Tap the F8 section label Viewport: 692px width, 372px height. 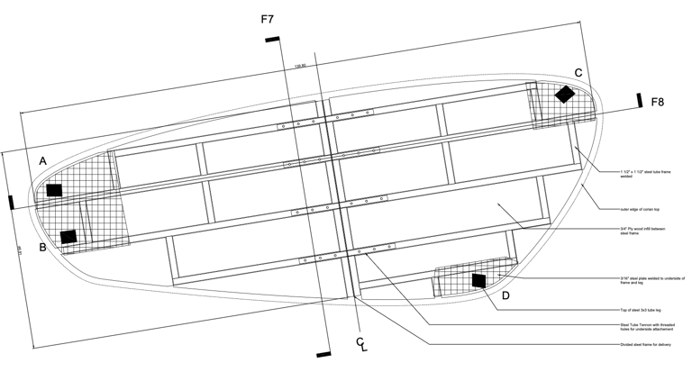click(x=659, y=103)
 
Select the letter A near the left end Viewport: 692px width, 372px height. click(x=42, y=160)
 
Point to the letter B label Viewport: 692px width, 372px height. click(x=42, y=245)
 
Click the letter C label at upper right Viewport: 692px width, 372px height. click(x=578, y=72)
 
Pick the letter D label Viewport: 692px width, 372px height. click(x=505, y=295)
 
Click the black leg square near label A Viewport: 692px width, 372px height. click(x=54, y=190)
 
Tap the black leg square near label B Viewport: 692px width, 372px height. click(x=68, y=236)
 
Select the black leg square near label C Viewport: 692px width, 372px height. click(x=565, y=94)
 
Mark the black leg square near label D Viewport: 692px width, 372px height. click(x=478, y=281)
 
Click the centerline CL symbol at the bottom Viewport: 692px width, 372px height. click(x=360, y=344)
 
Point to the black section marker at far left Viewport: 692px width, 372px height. click(x=11, y=202)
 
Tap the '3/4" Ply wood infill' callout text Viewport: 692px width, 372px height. click(x=639, y=231)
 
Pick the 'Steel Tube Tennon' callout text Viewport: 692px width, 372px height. click(x=639, y=326)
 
